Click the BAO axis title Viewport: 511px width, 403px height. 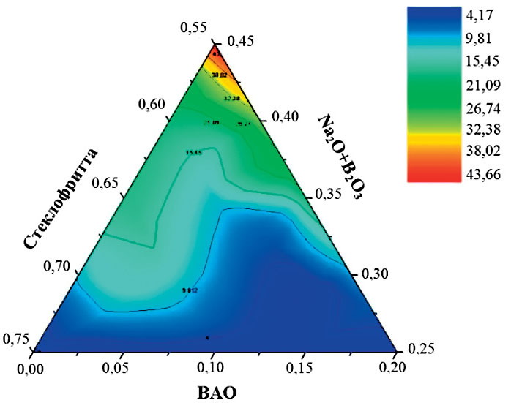(x=217, y=392)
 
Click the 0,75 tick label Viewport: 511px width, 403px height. (x=16, y=339)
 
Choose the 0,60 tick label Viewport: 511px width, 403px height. (x=152, y=104)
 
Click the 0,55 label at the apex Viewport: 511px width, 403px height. (x=194, y=28)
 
